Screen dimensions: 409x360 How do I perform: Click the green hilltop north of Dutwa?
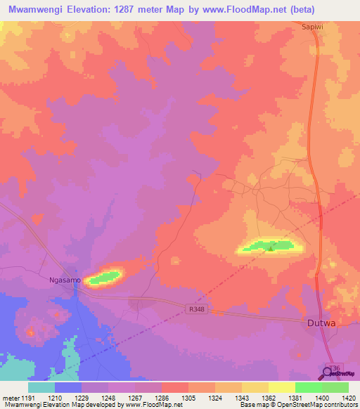click(x=268, y=246)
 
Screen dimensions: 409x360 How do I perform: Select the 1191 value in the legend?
click(x=29, y=398)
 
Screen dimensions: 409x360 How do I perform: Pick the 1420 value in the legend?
click(x=348, y=398)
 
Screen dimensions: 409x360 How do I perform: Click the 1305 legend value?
click(x=188, y=398)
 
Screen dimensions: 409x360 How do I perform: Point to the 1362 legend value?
click(x=268, y=398)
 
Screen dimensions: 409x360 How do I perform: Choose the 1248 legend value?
click(x=108, y=398)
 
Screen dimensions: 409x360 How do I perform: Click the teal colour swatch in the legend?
click(x=41, y=387)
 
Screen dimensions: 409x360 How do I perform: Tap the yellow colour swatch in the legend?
click(x=281, y=387)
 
